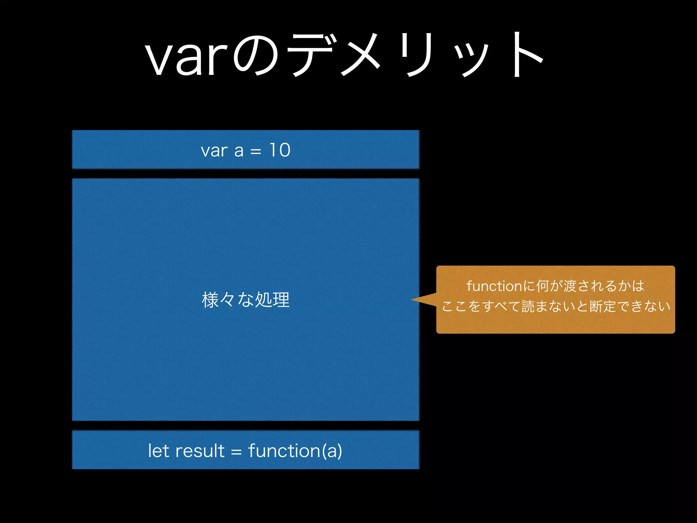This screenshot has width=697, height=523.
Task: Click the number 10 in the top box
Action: point(280,150)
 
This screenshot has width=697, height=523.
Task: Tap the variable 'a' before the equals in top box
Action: point(239,151)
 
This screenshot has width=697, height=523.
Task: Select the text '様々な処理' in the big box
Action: point(245,300)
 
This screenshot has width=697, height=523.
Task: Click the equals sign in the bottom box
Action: point(236,452)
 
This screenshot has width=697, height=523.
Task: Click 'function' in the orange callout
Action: point(494,286)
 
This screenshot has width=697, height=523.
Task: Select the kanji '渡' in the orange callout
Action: point(570,286)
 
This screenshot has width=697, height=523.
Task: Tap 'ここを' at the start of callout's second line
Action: point(461,306)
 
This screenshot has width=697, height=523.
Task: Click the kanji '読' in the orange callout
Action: point(528,306)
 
